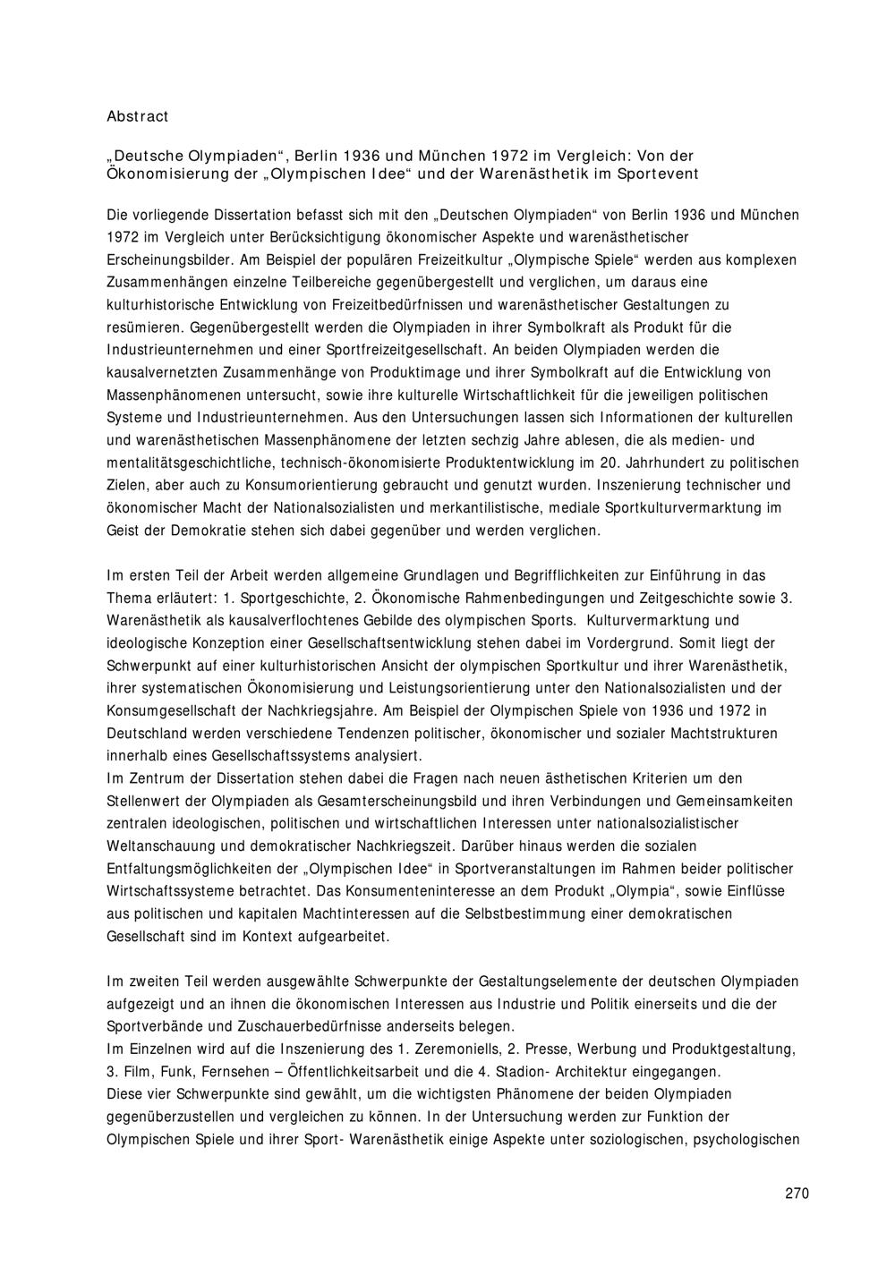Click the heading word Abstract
coord(137,116)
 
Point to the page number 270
coord(797,1193)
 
